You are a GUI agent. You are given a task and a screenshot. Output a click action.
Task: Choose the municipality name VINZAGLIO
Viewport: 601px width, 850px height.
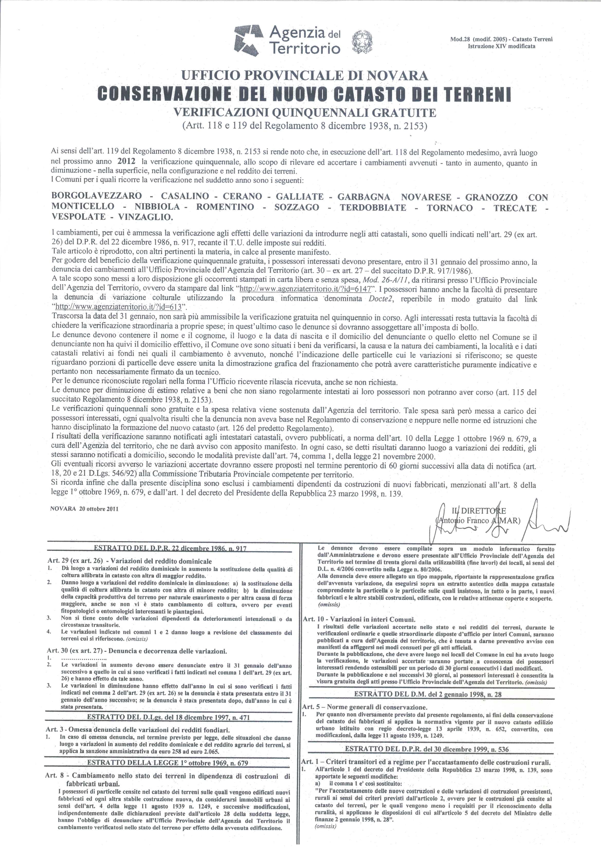point(145,218)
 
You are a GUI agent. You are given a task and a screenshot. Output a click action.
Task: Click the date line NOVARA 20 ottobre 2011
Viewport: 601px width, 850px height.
point(84,509)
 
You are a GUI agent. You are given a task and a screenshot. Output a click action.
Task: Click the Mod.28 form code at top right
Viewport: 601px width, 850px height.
point(501,39)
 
